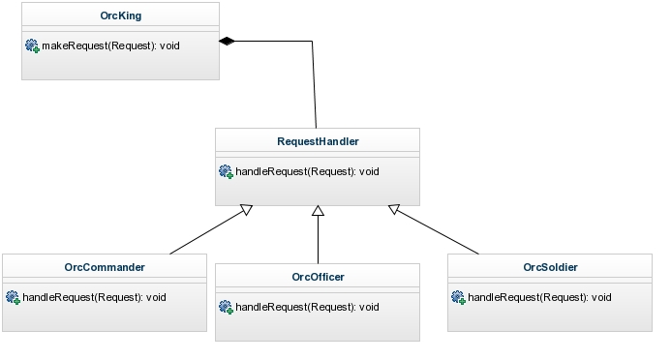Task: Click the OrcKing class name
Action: [x=121, y=15]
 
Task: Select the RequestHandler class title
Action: [x=318, y=141]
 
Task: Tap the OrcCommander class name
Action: [x=105, y=267]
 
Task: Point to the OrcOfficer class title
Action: [x=318, y=277]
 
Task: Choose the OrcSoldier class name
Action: [x=550, y=267]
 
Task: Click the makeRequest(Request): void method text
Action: [x=110, y=45]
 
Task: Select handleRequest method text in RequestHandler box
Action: [x=307, y=171]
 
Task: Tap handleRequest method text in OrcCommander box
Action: [x=94, y=297]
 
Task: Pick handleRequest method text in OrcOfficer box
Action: [x=307, y=307]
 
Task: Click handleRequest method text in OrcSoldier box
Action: [x=539, y=297]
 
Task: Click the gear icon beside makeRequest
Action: [x=32, y=45]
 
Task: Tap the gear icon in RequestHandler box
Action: [x=226, y=171]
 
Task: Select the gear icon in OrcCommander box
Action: [x=13, y=297]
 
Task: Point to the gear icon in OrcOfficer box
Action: [x=226, y=307]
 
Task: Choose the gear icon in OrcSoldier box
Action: [x=458, y=297]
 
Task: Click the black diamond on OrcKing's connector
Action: [x=227, y=41]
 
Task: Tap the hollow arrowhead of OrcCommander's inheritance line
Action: [x=247, y=209]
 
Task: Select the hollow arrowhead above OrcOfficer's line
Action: [x=318, y=211]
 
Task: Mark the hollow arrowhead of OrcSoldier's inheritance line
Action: [x=394, y=209]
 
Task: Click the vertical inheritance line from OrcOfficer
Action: [x=318, y=240]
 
